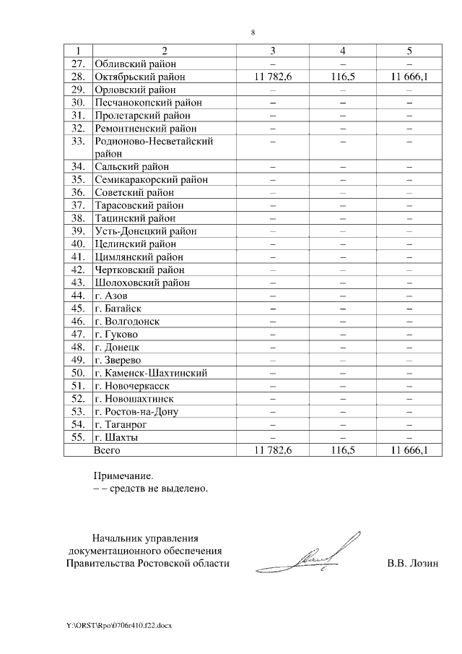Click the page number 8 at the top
[x=253, y=33]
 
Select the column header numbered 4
[x=342, y=51]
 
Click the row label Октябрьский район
[x=139, y=77]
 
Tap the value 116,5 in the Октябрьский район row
[x=342, y=77]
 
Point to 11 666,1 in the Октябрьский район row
[x=409, y=77]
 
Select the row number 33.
[x=79, y=142]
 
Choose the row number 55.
[x=79, y=438]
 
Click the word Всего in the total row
[x=108, y=451]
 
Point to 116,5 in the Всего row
[x=342, y=451]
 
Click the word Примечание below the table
[x=123, y=476]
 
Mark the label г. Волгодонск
[x=127, y=321]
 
